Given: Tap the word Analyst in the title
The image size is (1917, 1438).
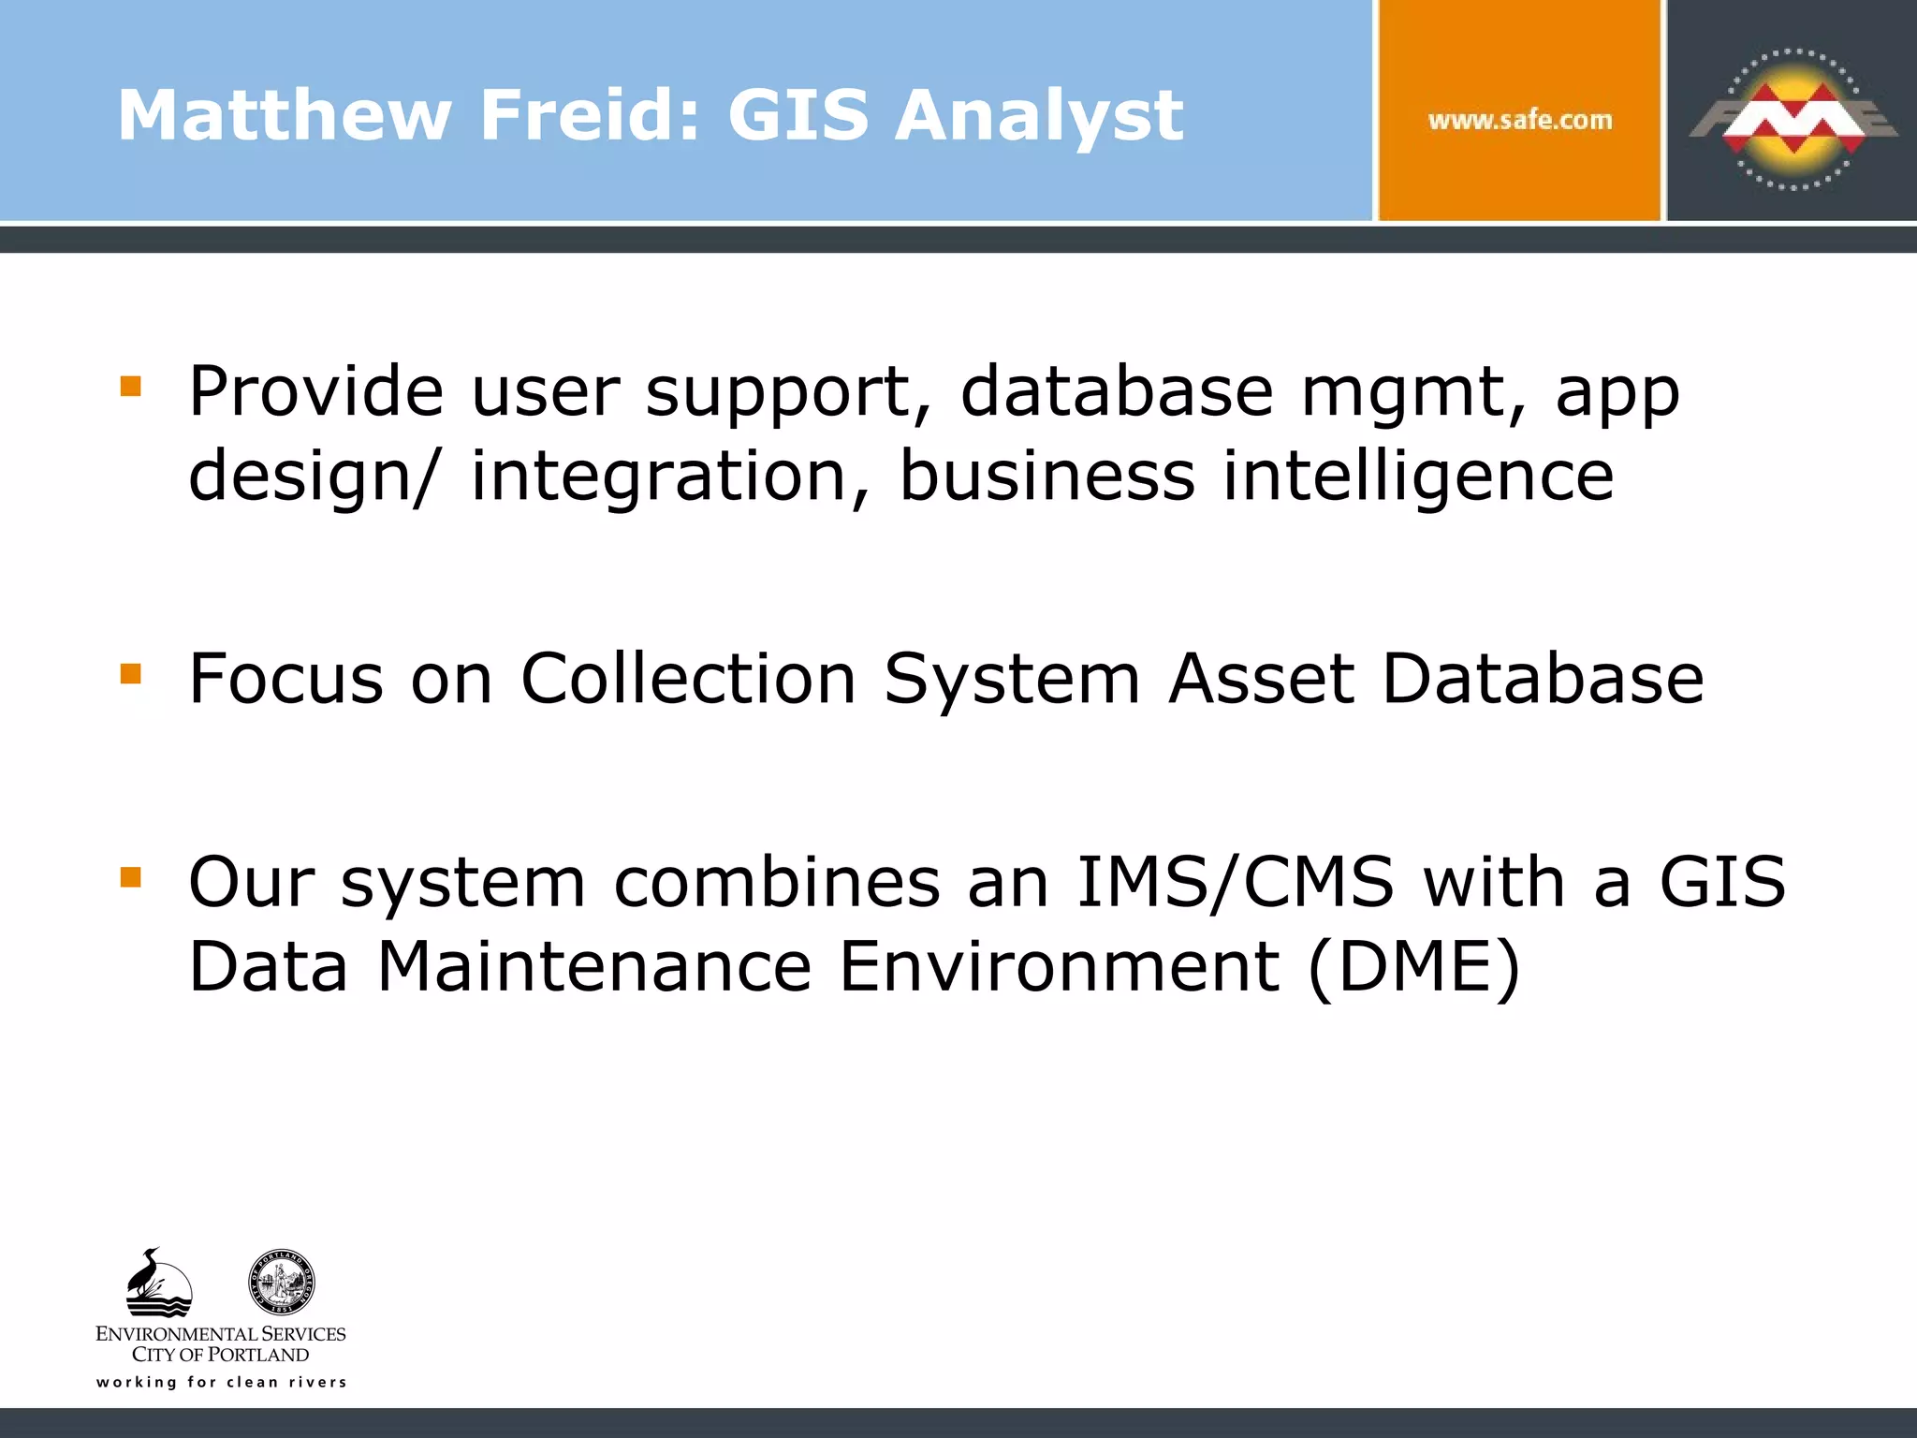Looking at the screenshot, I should tap(1039, 117).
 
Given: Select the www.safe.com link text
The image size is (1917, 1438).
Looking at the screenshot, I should tap(1520, 120).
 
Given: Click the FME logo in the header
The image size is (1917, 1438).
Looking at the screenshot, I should tap(1792, 120).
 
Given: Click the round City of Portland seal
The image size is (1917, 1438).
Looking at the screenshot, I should tap(281, 1282).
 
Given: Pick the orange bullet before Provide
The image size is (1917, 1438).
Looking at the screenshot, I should tap(131, 387).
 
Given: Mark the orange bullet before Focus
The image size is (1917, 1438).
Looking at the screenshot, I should tap(131, 674).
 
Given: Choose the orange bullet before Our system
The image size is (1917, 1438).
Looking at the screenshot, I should tap(131, 877).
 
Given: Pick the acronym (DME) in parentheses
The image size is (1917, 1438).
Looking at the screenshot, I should tap(1413, 966).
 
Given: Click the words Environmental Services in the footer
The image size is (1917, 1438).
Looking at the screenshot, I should tap(221, 1333).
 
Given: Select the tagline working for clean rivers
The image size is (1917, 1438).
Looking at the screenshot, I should tap(222, 1382).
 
